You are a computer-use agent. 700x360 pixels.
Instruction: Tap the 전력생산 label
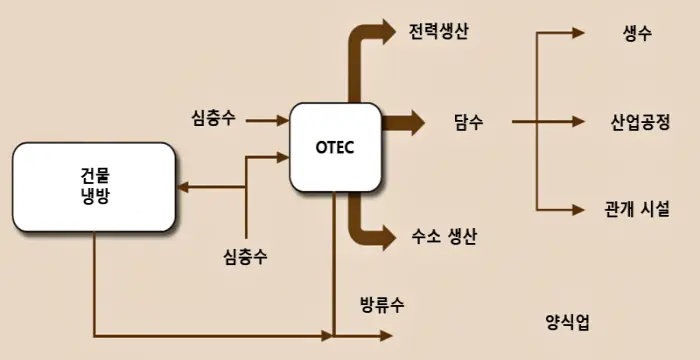[439, 30]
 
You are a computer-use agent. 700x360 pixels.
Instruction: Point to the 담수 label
[468, 123]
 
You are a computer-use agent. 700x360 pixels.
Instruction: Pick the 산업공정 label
[640, 123]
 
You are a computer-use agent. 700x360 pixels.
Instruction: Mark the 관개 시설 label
[637, 210]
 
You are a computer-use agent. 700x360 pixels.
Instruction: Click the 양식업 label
[568, 321]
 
